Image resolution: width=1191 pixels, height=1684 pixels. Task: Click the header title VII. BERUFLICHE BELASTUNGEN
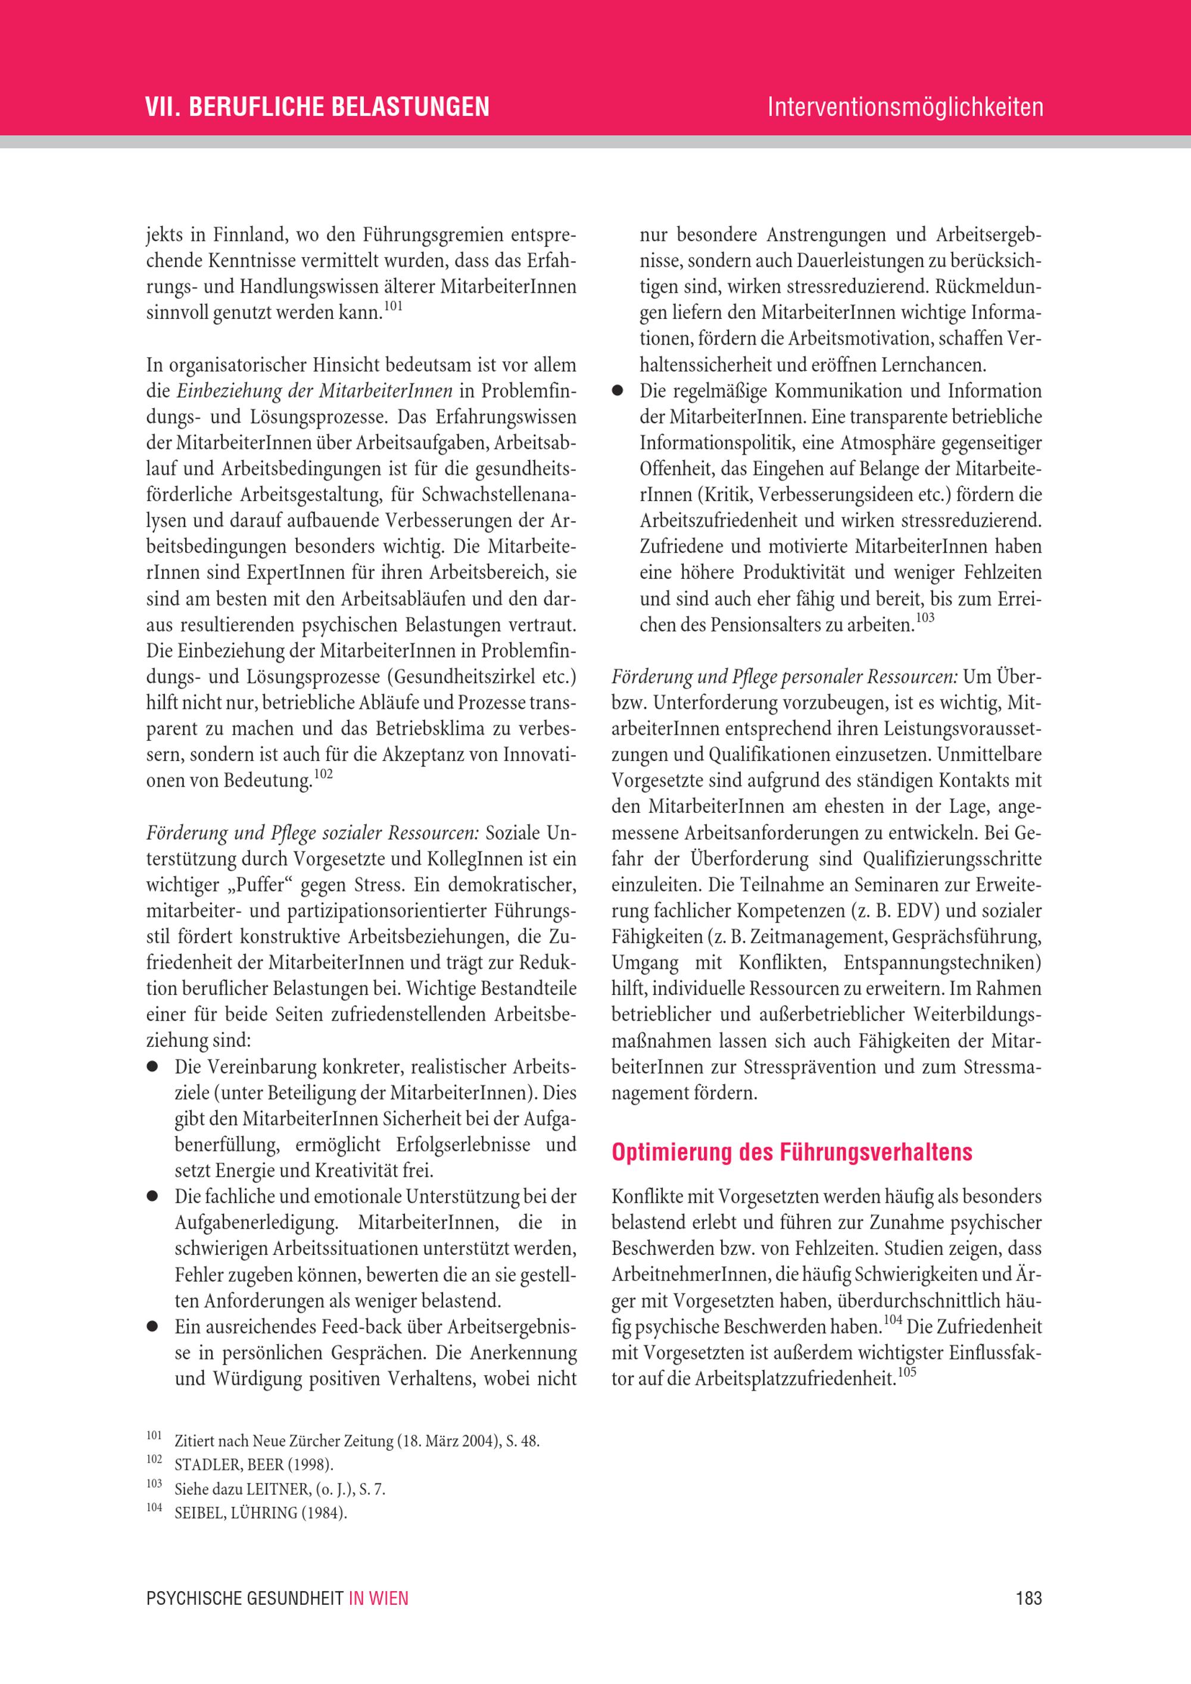pyautogui.click(x=317, y=107)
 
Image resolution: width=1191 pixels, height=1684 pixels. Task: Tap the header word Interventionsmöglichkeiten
pyautogui.click(x=905, y=107)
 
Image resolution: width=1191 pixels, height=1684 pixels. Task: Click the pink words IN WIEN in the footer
pyautogui.click(x=378, y=1598)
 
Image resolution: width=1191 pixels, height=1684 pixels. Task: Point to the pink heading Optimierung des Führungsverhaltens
pyautogui.click(x=792, y=1152)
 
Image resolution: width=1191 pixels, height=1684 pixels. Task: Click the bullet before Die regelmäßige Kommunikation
pyautogui.click(x=618, y=392)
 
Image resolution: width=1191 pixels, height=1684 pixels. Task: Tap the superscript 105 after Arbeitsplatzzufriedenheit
pyautogui.click(x=907, y=1372)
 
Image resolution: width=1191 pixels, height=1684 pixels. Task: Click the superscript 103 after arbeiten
pyautogui.click(x=925, y=618)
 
